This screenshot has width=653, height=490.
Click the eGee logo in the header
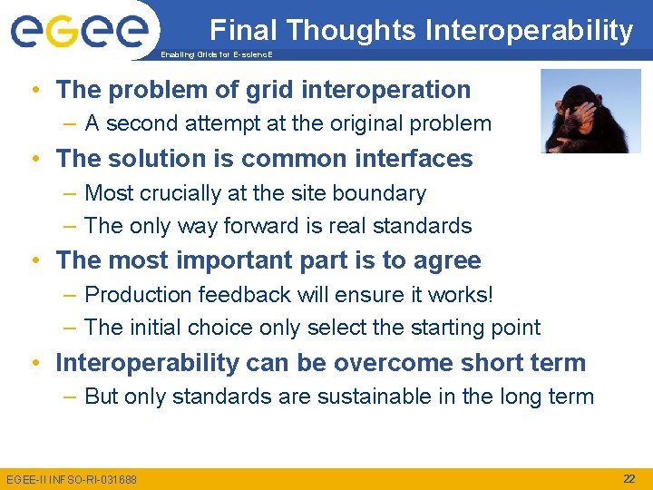tap(79, 29)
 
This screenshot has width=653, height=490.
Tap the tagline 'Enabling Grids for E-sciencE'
tap(216, 55)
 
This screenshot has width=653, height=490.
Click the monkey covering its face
tap(590, 111)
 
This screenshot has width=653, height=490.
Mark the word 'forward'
tap(257, 226)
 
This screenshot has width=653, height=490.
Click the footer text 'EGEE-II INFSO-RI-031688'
tap(72, 479)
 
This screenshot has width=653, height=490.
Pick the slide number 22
tap(629, 478)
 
